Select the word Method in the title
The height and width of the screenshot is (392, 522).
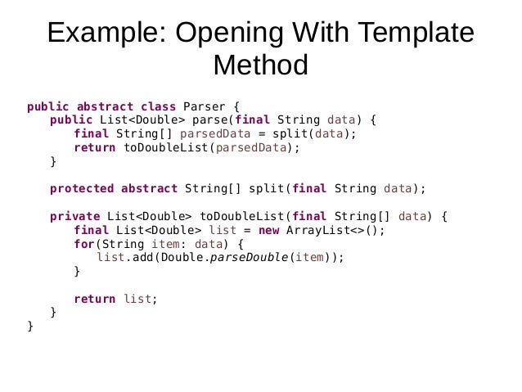coord(260,65)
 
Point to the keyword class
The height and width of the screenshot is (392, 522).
coord(159,106)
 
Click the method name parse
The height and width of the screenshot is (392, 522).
coord(210,120)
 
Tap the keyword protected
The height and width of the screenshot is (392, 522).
coord(82,188)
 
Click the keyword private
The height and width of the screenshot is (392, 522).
coord(75,216)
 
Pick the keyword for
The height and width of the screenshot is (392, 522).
coord(83,244)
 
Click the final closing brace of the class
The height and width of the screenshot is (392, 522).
coord(30,326)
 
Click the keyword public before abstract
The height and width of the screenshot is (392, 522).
coord(47,106)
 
